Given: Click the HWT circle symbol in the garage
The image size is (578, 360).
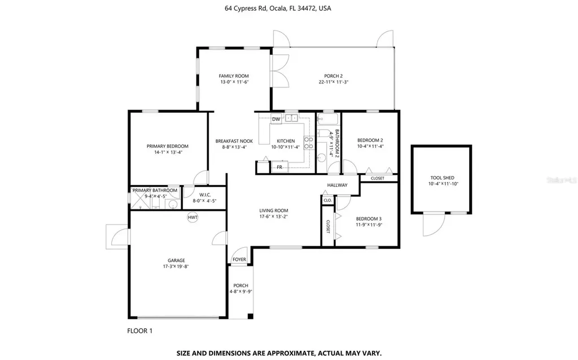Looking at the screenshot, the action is [x=192, y=217].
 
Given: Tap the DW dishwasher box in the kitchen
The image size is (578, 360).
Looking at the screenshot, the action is [x=276, y=119].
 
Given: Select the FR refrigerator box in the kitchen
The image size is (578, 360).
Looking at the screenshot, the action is [x=279, y=167].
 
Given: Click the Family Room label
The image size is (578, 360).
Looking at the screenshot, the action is [x=234, y=76].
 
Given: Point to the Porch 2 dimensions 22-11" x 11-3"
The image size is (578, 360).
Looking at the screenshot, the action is [x=334, y=82].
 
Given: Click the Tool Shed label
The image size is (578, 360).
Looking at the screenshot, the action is [x=443, y=178].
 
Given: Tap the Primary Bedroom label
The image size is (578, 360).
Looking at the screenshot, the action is [x=167, y=146].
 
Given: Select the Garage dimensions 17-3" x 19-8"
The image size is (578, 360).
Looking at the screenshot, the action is [x=176, y=266].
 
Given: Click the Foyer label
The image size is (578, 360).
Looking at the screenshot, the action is [x=239, y=260].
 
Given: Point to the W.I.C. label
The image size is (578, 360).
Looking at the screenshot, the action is [x=205, y=195].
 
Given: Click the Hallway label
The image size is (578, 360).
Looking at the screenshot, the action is [x=338, y=185].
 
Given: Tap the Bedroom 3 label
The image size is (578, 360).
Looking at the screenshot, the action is [x=369, y=218].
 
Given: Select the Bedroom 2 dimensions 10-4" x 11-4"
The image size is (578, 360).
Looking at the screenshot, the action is [x=370, y=146].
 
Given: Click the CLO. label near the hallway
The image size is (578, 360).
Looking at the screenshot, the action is [x=328, y=200].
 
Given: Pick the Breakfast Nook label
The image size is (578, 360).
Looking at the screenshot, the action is [x=234, y=141].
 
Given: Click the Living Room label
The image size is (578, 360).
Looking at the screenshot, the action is [x=274, y=210].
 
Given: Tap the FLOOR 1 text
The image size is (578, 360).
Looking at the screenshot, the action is [x=140, y=331].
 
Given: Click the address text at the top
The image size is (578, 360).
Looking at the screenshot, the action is [x=278, y=8].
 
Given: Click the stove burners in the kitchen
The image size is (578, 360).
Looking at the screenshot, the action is [x=309, y=143].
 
